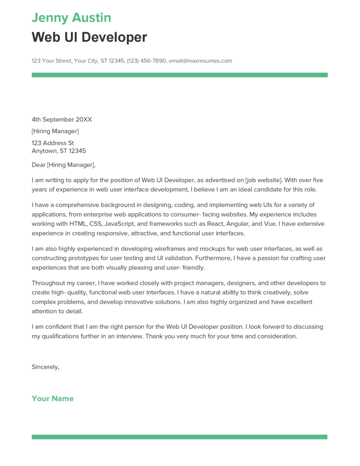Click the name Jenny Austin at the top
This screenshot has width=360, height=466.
tap(71, 18)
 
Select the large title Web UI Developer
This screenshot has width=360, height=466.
tap(89, 37)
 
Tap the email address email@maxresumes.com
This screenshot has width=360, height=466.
tap(200, 61)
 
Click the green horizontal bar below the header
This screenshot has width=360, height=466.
tap(179, 75)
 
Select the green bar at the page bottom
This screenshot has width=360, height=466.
tap(179, 437)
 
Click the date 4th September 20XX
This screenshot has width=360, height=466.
tap(61, 120)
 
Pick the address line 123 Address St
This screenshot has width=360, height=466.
tap(53, 143)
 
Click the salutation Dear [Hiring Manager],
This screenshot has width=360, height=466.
tap(64, 165)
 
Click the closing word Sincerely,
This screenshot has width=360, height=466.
tap(46, 367)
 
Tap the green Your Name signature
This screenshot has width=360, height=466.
tap(52, 399)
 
